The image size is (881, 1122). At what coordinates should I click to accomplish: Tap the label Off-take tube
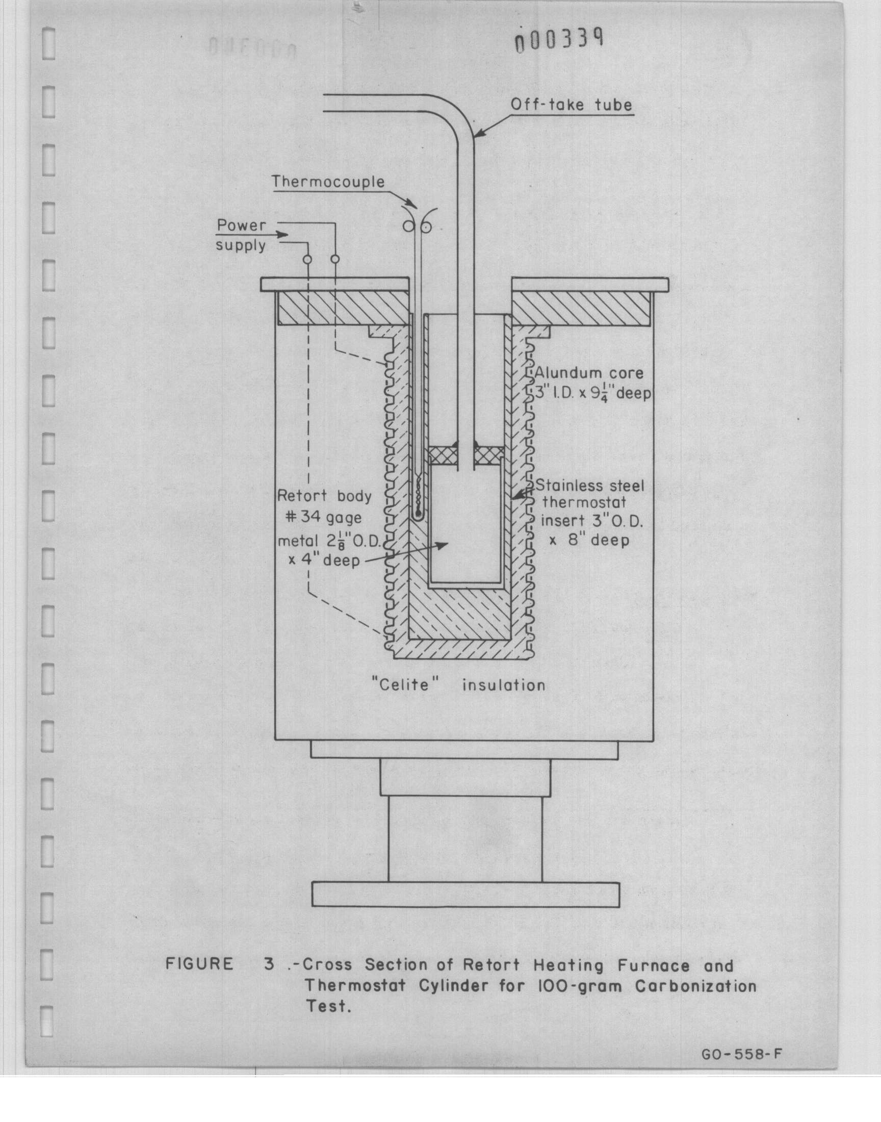click(571, 105)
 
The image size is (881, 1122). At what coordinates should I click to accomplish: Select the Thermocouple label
click(328, 183)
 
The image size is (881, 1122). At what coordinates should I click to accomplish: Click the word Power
click(241, 225)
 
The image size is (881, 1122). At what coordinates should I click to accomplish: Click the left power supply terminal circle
click(307, 259)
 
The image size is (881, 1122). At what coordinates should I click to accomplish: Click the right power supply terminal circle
click(335, 259)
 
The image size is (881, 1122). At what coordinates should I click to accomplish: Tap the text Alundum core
click(588, 373)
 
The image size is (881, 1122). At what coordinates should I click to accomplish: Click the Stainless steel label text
click(589, 486)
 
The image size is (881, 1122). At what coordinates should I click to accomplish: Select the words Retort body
click(324, 496)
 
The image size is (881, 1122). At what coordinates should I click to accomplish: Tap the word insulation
click(503, 685)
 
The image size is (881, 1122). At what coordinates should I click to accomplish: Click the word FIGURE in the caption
click(199, 964)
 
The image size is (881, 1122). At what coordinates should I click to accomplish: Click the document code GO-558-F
click(742, 1054)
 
